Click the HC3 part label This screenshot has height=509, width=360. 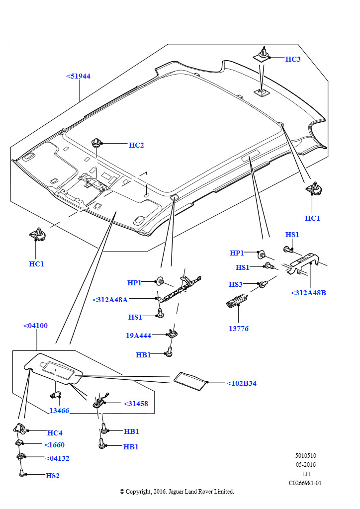pyautogui.click(x=293, y=59)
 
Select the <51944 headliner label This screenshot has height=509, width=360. pyautogui.click(x=78, y=76)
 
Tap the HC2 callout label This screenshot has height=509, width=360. pyautogui.click(x=136, y=145)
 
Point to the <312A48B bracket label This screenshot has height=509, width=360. pyautogui.click(x=308, y=293)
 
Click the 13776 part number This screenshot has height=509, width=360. pyautogui.click(x=239, y=329)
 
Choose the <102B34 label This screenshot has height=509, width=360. pyautogui.click(x=241, y=383)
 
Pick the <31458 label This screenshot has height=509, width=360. pyautogui.click(x=136, y=404)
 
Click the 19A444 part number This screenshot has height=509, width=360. pyautogui.click(x=138, y=336)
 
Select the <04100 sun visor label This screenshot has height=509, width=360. pyautogui.click(x=35, y=326)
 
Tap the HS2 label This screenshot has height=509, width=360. pyautogui.click(x=53, y=476)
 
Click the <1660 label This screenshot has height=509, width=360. pyautogui.click(x=54, y=445)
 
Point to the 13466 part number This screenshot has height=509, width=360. pyautogui.click(x=59, y=411)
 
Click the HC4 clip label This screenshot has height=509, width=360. pyautogui.click(x=55, y=433)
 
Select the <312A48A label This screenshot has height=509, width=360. pyautogui.click(x=110, y=300)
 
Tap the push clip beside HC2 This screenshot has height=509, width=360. pyautogui.click(x=96, y=144)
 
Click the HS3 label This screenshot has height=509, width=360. pyautogui.click(x=236, y=284)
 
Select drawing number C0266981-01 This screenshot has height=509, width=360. pyautogui.click(x=305, y=483)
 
